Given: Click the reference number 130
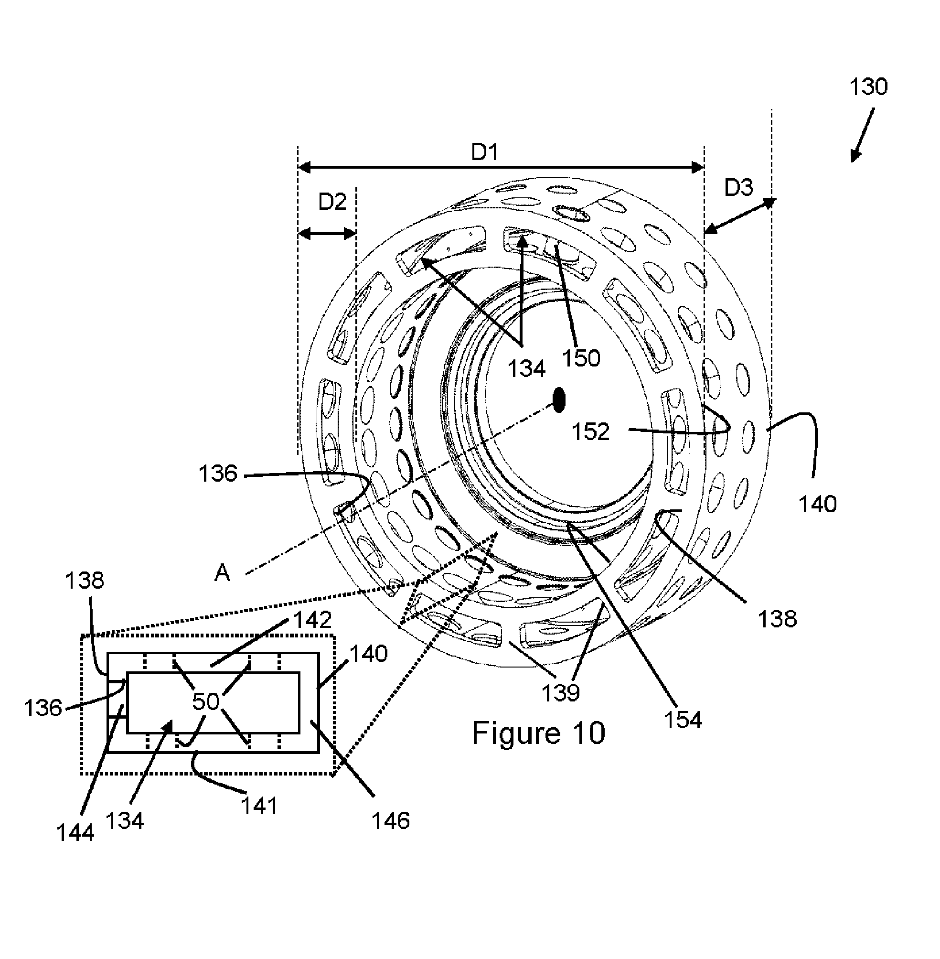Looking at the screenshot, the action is coord(868,87).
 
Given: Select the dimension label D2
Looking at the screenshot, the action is coord(332,202).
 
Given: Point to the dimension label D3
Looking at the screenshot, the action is coord(738,188).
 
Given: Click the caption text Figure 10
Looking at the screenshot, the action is coord(539,733).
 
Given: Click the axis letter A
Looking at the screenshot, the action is coord(222,573).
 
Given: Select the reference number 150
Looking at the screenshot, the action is coord(581,358).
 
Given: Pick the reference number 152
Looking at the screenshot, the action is coord(591,431).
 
